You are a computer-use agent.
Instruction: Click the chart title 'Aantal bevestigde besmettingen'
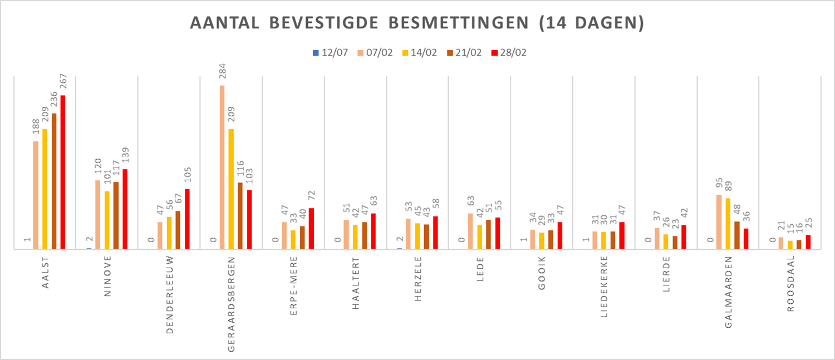tap(417, 23)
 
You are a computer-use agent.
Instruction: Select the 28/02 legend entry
tap(508, 53)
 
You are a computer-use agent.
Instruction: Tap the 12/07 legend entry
tap(330, 53)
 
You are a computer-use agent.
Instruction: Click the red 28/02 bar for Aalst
tap(63, 172)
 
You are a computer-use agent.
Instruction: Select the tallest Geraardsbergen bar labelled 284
tap(222, 167)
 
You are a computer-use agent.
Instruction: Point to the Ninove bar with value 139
tap(125, 209)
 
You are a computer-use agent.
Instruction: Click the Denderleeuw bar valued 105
tap(188, 219)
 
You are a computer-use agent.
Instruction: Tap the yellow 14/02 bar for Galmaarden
tap(728, 224)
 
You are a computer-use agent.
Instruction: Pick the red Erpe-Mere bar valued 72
tap(311, 229)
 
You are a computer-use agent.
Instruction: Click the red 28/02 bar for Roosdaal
tap(808, 242)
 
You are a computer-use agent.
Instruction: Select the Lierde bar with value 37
tap(657, 239)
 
